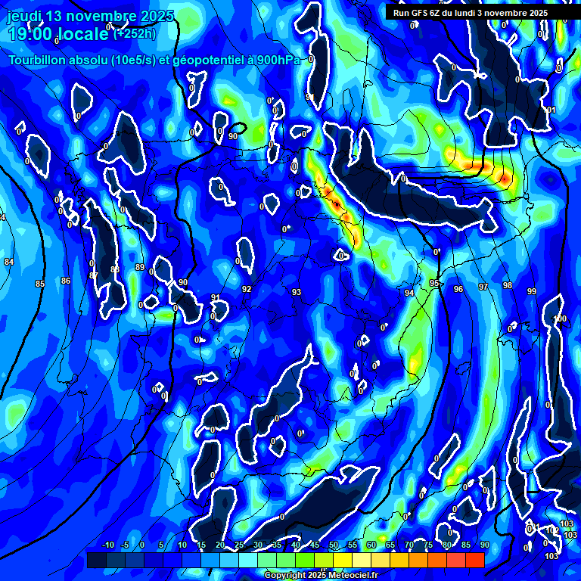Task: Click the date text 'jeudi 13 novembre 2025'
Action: coord(90,16)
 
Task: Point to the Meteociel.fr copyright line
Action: coord(322,575)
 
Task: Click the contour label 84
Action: coord(9,262)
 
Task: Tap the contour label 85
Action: coord(40,284)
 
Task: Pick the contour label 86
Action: coord(66,281)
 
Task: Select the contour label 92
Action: coord(247,289)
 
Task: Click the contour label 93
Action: coord(297,292)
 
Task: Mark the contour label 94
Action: coord(409,293)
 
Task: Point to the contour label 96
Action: coord(458,289)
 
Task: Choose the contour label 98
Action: coord(508,285)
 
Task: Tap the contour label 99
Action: coord(532,291)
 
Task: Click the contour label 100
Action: coord(561,318)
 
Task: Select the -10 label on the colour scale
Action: coord(107,545)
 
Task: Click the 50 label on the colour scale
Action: coord(334,545)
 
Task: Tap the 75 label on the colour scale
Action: coord(428,545)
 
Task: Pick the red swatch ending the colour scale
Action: coord(474,560)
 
